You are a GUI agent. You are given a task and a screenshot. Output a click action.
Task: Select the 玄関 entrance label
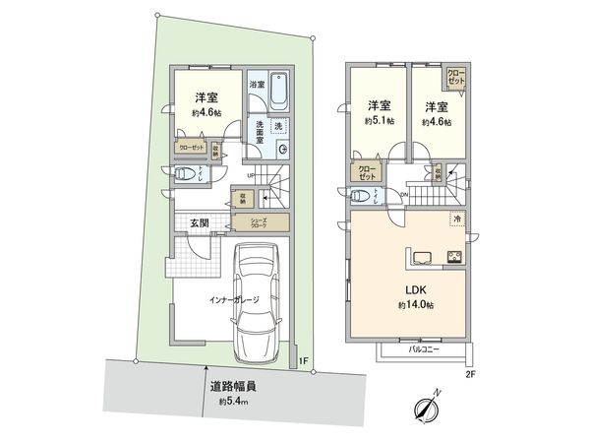197,223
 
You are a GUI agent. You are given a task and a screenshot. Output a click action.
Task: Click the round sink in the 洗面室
283,150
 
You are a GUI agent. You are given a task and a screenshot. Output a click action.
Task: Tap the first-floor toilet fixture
184,175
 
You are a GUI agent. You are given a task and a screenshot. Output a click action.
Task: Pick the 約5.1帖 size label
379,122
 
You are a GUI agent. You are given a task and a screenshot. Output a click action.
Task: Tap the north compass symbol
424,407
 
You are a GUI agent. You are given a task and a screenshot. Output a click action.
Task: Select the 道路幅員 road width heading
227,386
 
